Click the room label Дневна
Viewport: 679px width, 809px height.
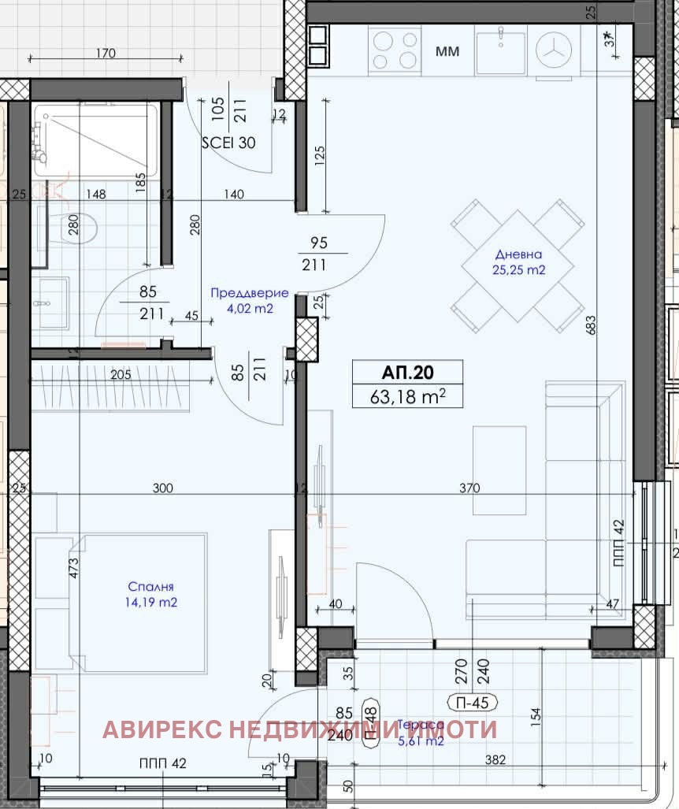coord(518,254)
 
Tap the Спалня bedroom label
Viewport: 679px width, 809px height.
coord(150,587)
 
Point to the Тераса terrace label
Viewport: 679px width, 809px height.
coord(422,724)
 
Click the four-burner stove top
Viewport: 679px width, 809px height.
coord(395,50)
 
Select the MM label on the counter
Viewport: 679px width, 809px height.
coord(447,52)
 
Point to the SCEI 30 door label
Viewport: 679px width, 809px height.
coord(229,143)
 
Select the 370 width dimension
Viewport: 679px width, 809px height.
coord(469,488)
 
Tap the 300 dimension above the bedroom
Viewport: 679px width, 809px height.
coord(162,488)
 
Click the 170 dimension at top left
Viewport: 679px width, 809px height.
coord(105,54)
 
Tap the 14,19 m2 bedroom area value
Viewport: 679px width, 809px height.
coord(150,603)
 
